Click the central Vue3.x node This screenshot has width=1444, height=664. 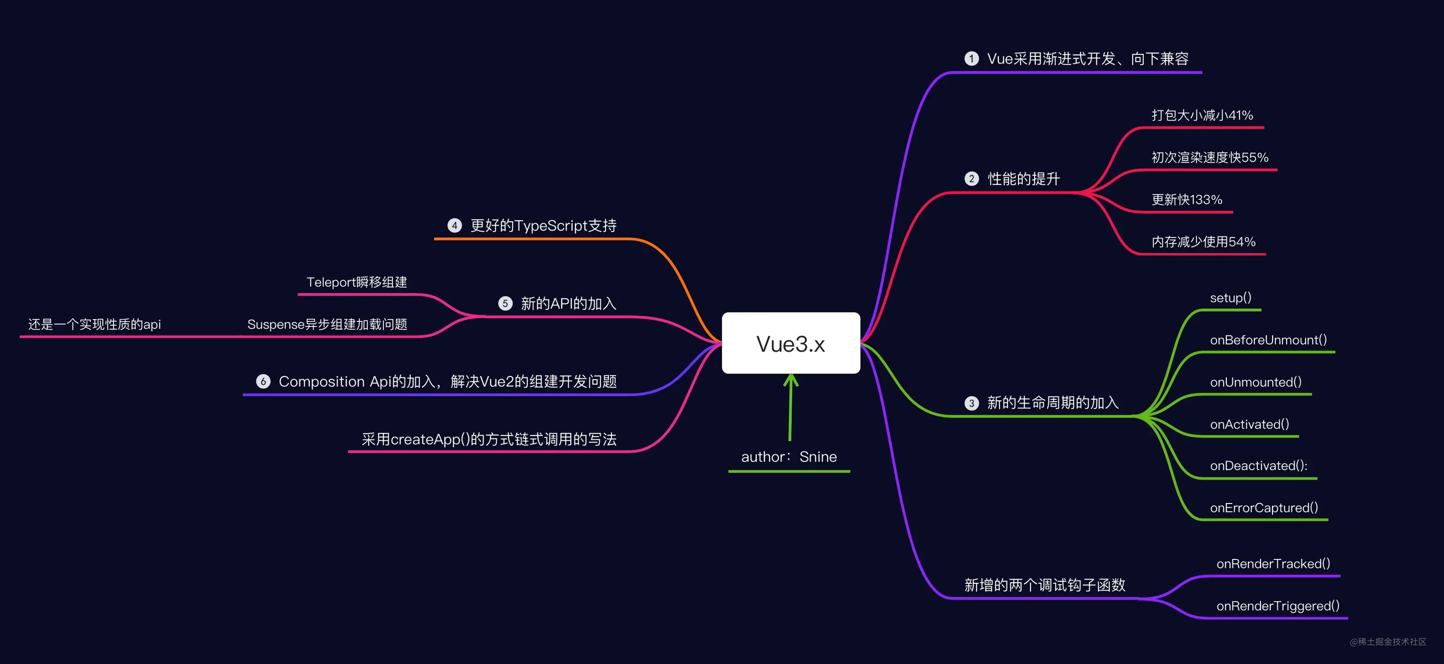pyautogui.click(x=791, y=343)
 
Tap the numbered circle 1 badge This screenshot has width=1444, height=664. pyautogui.click(x=971, y=59)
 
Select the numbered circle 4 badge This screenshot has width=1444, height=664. pyautogui.click(x=455, y=225)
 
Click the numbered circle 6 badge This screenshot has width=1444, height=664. pyautogui.click(x=264, y=381)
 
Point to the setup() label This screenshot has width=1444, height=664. pyautogui.click(x=1231, y=298)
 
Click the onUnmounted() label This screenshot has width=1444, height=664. pyautogui.click(x=1256, y=382)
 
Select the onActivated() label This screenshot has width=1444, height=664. pyautogui.click(x=1250, y=424)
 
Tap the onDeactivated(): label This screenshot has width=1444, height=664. pyautogui.click(x=1258, y=465)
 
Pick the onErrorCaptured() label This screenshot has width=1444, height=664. pyautogui.click(x=1264, y=507)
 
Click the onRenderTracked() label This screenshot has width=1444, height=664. pyautogui.click(x=1273, y=564)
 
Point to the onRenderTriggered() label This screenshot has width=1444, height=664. pyautogui.click(x=1277, y=606)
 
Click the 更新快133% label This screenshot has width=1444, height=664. pyautogui.click(x=1187, y=200)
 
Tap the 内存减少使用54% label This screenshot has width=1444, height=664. pyautogui.click(x=1203, y=242)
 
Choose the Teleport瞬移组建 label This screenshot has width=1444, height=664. pyautogui.click(x=357, y=282)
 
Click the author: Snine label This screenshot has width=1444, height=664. pyautogui.click(x=789, y=457)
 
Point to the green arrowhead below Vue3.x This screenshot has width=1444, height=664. pyautogui.click(x=791, y=380)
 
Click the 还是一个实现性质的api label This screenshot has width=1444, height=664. pyautogui.click(x=94, y=324)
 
